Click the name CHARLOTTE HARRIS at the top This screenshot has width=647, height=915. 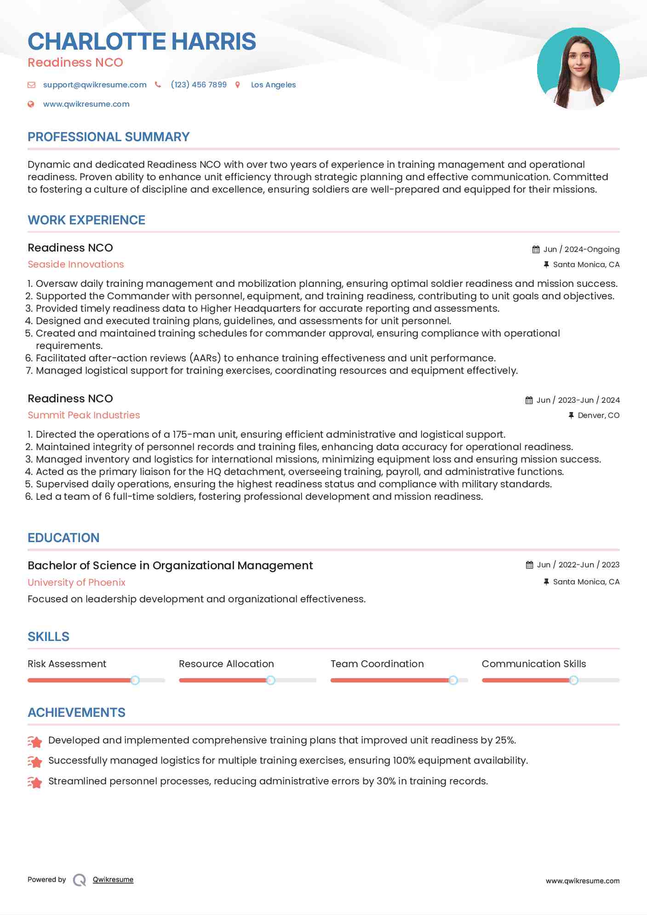tap(142, 41)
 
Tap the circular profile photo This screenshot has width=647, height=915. tap(578, 69)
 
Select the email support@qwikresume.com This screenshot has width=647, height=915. tap(95, 85)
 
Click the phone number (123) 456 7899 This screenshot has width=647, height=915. tap(199, 85)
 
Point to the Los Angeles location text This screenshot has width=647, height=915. tap(273, 85)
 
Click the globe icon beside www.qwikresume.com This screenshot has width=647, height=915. tap(31, 104)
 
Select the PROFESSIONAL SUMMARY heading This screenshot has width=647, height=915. tap(109, 137)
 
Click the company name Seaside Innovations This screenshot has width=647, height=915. tap(76, 264)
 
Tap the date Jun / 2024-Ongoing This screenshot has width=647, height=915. tap(581, 249)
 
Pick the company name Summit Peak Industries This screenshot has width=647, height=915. tap(84, 415)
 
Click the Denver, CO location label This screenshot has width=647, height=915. tap(598, 415)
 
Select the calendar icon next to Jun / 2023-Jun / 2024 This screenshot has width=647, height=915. tap(529, 400)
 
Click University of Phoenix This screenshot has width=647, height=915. tap(76, 583)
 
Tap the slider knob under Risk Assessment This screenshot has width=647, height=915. tap(135, 680)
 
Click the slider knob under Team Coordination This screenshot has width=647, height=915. tap(453, 680)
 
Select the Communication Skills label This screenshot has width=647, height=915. tap(534, 664)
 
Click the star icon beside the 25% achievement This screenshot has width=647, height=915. tap(35, 741)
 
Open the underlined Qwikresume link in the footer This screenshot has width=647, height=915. tap(113, 880)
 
